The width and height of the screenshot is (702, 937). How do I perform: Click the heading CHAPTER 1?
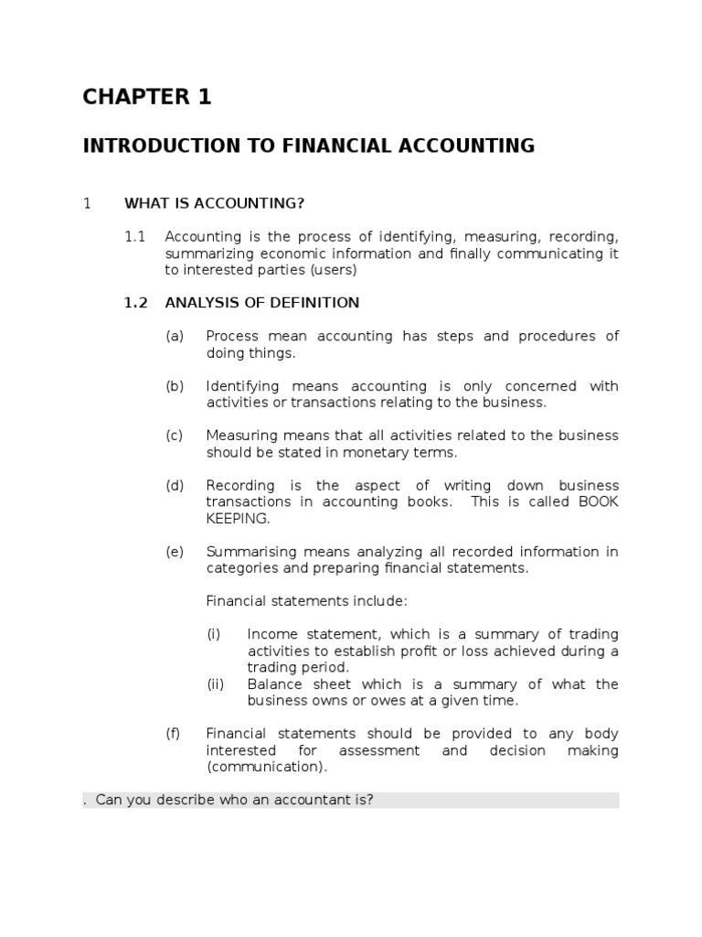point(147,97)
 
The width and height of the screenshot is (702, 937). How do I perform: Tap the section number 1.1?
point(135,236)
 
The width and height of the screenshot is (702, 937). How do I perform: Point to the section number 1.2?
point(135,303)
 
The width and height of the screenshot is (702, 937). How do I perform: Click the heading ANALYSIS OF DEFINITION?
point(262,303)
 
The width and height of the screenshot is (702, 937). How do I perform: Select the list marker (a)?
point(175,336)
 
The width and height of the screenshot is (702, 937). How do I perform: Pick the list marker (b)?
point(175,386)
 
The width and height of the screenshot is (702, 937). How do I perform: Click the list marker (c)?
point(175,436)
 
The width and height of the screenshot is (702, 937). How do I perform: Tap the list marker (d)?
point(175,485)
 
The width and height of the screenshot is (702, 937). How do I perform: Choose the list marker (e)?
point(175,552)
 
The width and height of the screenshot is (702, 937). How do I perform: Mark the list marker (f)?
point(174,734)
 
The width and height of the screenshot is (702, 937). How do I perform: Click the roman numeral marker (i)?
point(214,634)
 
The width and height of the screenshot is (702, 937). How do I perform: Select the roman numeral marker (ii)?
point(216,684)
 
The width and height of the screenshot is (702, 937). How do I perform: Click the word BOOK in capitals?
point(599,501)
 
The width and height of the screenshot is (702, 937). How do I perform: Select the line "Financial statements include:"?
point(306,601)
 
